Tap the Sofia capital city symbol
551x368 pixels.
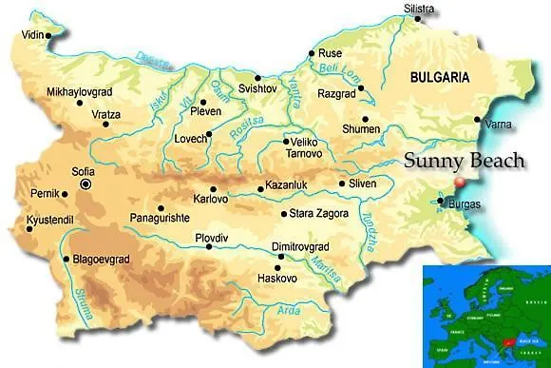(x=86, y=184)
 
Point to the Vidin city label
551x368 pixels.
(x=33, y=35)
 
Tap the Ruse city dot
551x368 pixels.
(x=312, y=53)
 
